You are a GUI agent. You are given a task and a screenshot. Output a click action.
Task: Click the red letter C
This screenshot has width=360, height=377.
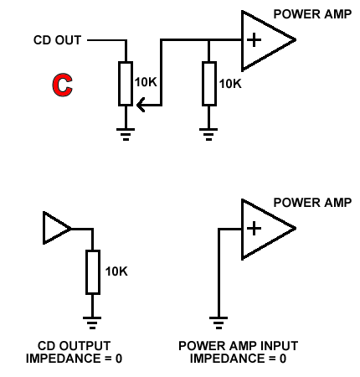point(63,85)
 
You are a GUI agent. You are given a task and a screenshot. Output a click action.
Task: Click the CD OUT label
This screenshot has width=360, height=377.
point(57,40)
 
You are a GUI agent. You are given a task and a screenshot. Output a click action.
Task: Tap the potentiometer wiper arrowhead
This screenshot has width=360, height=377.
point(141,105)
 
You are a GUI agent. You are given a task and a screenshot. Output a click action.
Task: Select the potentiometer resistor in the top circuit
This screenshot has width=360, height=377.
point(126,84)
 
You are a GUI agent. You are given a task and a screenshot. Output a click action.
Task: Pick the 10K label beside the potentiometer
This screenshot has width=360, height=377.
point(146,82)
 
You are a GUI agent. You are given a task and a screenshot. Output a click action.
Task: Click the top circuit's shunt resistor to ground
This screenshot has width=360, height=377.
point(209,84)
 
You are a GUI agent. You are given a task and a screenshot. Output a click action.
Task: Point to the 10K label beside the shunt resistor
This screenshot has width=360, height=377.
point(230,84)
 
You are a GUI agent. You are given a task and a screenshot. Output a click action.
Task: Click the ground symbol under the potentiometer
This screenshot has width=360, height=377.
point(126,134)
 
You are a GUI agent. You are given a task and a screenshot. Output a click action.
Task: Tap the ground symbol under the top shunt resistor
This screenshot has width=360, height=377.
point(208,134)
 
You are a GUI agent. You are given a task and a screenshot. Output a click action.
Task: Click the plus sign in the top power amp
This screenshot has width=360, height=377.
point(254,40)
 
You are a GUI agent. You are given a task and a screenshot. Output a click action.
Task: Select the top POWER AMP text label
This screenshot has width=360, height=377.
point(312,14)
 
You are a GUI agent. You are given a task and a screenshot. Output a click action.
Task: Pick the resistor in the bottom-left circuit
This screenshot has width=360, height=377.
point(93,272)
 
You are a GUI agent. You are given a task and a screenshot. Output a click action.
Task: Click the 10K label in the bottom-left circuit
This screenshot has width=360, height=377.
point(116,271)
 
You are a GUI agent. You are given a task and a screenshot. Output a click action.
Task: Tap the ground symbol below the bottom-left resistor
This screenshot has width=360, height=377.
point(92,323)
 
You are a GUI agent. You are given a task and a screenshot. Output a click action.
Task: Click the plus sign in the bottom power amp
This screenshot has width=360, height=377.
point(254,229)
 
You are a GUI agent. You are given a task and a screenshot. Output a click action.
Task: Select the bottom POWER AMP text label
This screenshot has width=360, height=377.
point(312,203)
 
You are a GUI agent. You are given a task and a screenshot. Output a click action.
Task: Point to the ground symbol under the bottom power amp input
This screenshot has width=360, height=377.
point(219,323)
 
